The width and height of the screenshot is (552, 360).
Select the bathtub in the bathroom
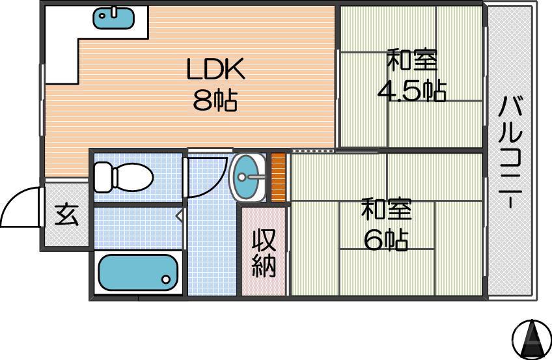pyautogui.click(x=139, y=272)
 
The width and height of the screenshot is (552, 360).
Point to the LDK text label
pyautogui.click(x=215, y=68)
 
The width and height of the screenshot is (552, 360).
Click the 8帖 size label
pyautogui.click(x=215, y=100)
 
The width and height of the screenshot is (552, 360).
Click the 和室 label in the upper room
pyautogui.click(x=411, y=61)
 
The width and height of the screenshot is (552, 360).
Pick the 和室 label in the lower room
pyautogui.click(x=386, y=210)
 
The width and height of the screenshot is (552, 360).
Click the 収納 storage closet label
pyautogui.click(x=264, y=253)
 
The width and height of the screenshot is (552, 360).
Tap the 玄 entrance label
pyautogui.click(x=66, y=215)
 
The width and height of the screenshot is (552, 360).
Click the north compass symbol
pyautogui.click(x=531, y=338)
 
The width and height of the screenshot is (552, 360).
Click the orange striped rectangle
pyautogui.click(x=279, y=176)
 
